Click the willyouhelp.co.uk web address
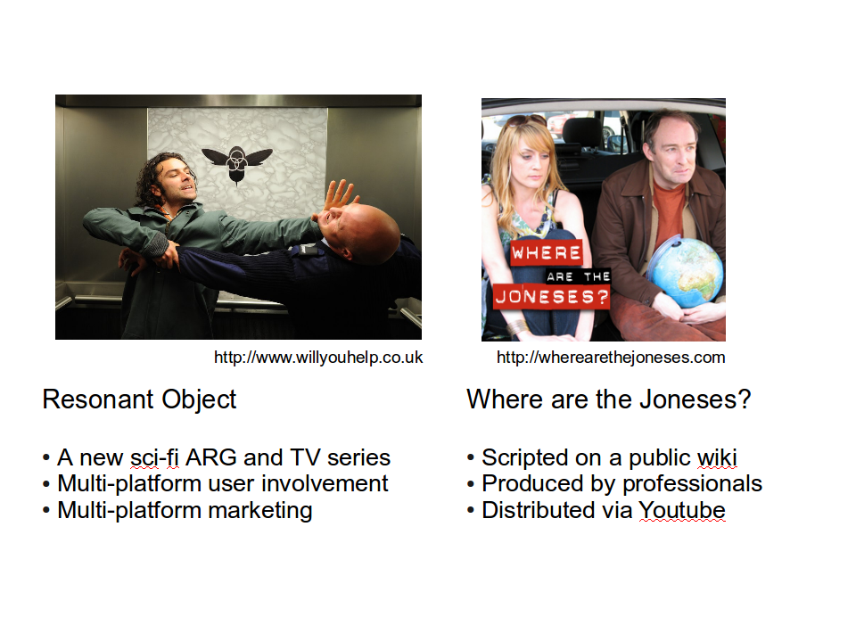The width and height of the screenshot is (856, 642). tap(318, 358)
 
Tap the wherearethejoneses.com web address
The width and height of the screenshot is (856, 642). tap(611, 358)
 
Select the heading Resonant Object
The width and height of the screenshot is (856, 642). tap(139, 400)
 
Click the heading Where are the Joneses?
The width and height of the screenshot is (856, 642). tap(609, 399)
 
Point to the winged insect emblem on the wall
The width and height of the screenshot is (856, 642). tap(237, 162)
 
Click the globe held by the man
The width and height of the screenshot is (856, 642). tap(687, 273)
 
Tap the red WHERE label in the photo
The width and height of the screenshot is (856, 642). tap(546, 252)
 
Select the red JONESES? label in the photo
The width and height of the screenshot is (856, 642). tap(551, 297)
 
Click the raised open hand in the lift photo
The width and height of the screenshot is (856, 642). tap(339, 196)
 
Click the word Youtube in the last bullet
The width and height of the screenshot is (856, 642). tap(682, 510)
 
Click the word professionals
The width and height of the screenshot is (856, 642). tap(692, 484)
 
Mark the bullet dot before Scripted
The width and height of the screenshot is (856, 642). tap(471, 458)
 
